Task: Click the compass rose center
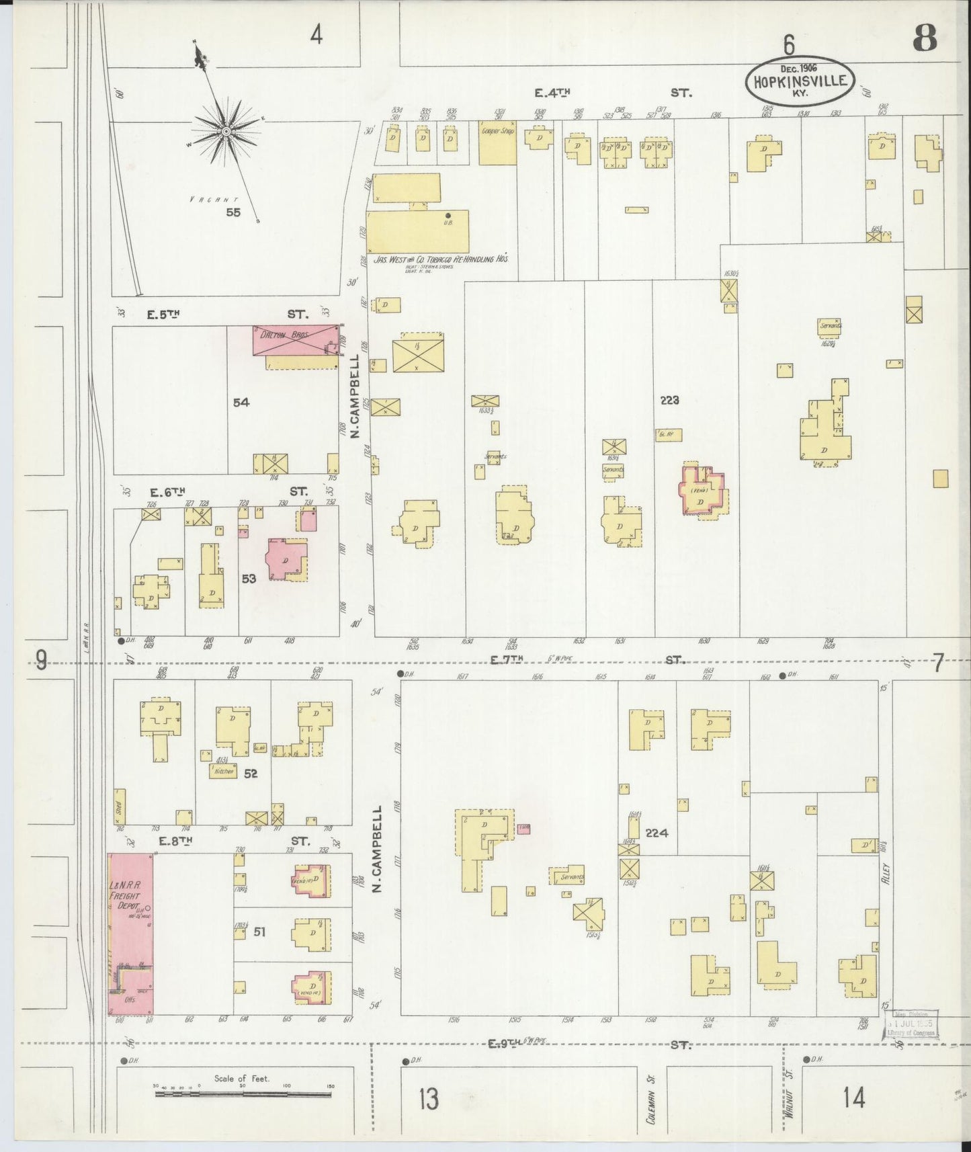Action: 226,131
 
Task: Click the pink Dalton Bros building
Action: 296,340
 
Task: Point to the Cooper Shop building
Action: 497,142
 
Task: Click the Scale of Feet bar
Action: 243,1095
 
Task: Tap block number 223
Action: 669,400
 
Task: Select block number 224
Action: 657,833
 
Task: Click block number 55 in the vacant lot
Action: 233,213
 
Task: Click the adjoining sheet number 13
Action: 429,1098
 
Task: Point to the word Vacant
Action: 214,200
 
